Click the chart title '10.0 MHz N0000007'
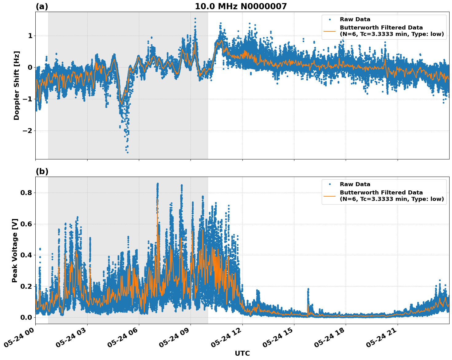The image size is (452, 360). click(x=241, y=6)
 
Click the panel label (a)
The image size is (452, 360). click(x=42, y=6)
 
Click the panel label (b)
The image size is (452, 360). click(x=42, y=171)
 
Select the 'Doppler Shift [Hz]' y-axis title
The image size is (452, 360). click(x=17, y=85)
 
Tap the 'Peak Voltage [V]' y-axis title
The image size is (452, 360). click(x=15, y=250)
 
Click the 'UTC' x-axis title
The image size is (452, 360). click(x=242, y=353)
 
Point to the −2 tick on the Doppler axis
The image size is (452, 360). click(x=27, y=131)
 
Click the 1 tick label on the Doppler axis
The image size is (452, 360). click(x=30, y=36)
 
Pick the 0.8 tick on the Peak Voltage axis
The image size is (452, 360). click(x=27, y=193)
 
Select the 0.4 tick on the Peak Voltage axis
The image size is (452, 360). click(x=27, y=255)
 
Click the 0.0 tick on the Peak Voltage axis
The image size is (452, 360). click(x=27, y=317)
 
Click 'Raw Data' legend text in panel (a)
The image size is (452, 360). click(x=355, y=19)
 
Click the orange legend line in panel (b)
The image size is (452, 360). click(x=330, y=196)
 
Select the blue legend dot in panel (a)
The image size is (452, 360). click(x=330, y=19)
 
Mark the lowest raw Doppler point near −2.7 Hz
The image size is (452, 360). click(x=128, y=152)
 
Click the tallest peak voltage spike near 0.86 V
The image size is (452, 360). click(x=158, y=184)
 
